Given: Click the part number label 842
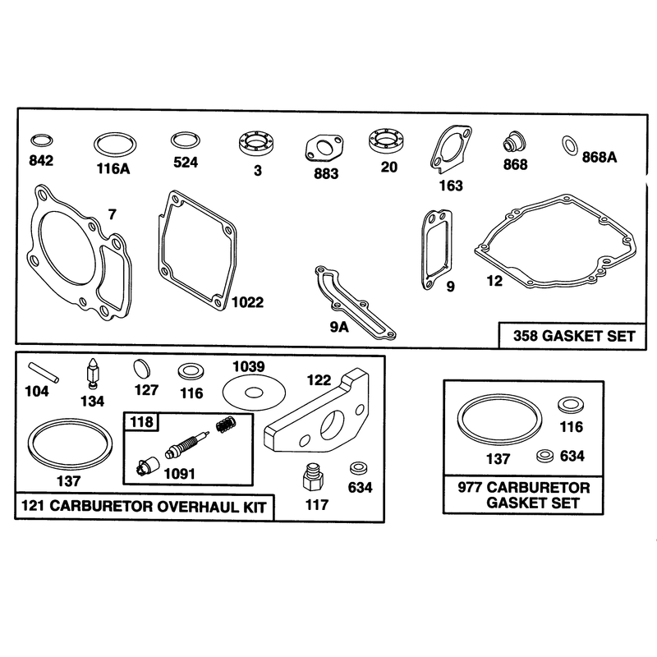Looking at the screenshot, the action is click(41, 160).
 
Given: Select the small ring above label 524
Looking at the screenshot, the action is click(186, 140).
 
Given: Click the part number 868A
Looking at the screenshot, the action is click(600, 157).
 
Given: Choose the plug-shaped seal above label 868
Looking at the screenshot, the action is click(514, 143).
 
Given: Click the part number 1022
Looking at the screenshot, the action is click(248, 302).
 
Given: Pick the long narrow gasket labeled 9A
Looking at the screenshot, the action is click(355, 301).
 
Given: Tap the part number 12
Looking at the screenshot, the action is click(494, 281).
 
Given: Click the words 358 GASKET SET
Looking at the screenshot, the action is click(574, 336).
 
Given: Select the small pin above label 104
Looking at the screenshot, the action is click(44, 373).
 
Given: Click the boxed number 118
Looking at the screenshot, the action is click(141, 421).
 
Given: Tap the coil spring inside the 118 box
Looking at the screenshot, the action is click(227, 424).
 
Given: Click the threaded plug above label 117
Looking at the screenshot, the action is click(313, 477).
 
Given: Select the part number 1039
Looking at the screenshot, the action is click(249, 366).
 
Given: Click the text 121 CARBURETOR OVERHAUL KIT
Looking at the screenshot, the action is click(144, 507).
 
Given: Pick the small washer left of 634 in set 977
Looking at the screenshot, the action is click(545, 456).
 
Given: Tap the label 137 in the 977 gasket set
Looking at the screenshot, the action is click(498, 459).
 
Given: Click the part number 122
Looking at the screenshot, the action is click(319, 380).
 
